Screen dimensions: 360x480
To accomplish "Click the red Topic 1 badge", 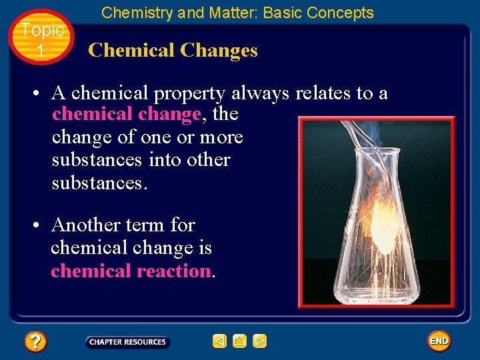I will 41,39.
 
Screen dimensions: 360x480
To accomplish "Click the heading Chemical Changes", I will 173,50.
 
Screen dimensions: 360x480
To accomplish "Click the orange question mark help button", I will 35,342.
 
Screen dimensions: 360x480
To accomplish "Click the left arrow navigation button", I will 220,341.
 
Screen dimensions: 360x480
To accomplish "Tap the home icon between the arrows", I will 240,341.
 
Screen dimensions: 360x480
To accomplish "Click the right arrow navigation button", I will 260,341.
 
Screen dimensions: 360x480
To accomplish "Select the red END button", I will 439,341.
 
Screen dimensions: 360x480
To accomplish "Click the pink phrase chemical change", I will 126,114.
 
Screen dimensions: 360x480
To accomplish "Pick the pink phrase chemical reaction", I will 131,271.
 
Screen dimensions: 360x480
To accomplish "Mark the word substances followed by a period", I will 96,183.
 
